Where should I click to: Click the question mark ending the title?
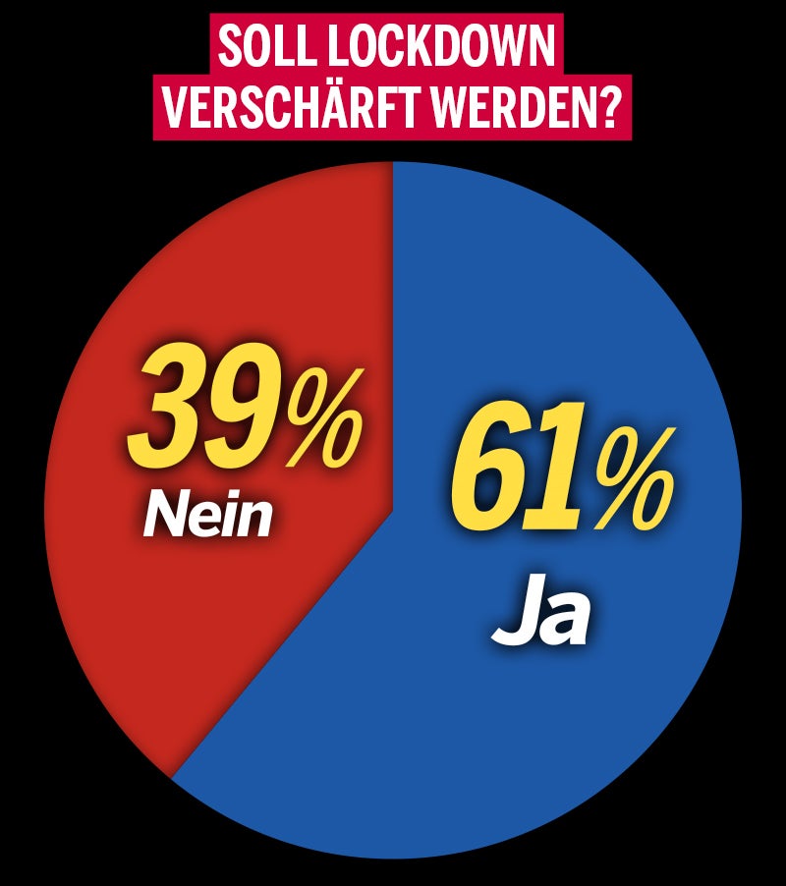pyautogui.click(x=608, y=108)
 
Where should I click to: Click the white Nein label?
pyautogui.click(x=207, y=516)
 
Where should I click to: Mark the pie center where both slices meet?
pyautogui.click(x=393, y=511)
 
